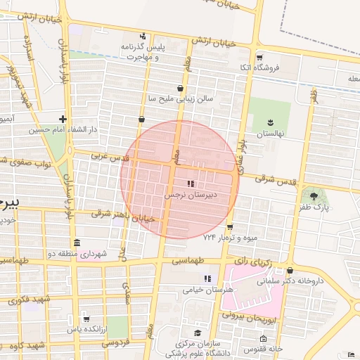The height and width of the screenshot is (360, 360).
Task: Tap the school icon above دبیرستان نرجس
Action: click(191, 184)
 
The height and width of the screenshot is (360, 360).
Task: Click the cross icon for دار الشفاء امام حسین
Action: click(63, 119)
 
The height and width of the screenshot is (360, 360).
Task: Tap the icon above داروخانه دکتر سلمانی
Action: click(290, 270)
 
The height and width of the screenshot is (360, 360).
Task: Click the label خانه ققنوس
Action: click(262, 349)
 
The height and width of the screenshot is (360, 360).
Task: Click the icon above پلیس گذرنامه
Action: click(143, 36)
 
